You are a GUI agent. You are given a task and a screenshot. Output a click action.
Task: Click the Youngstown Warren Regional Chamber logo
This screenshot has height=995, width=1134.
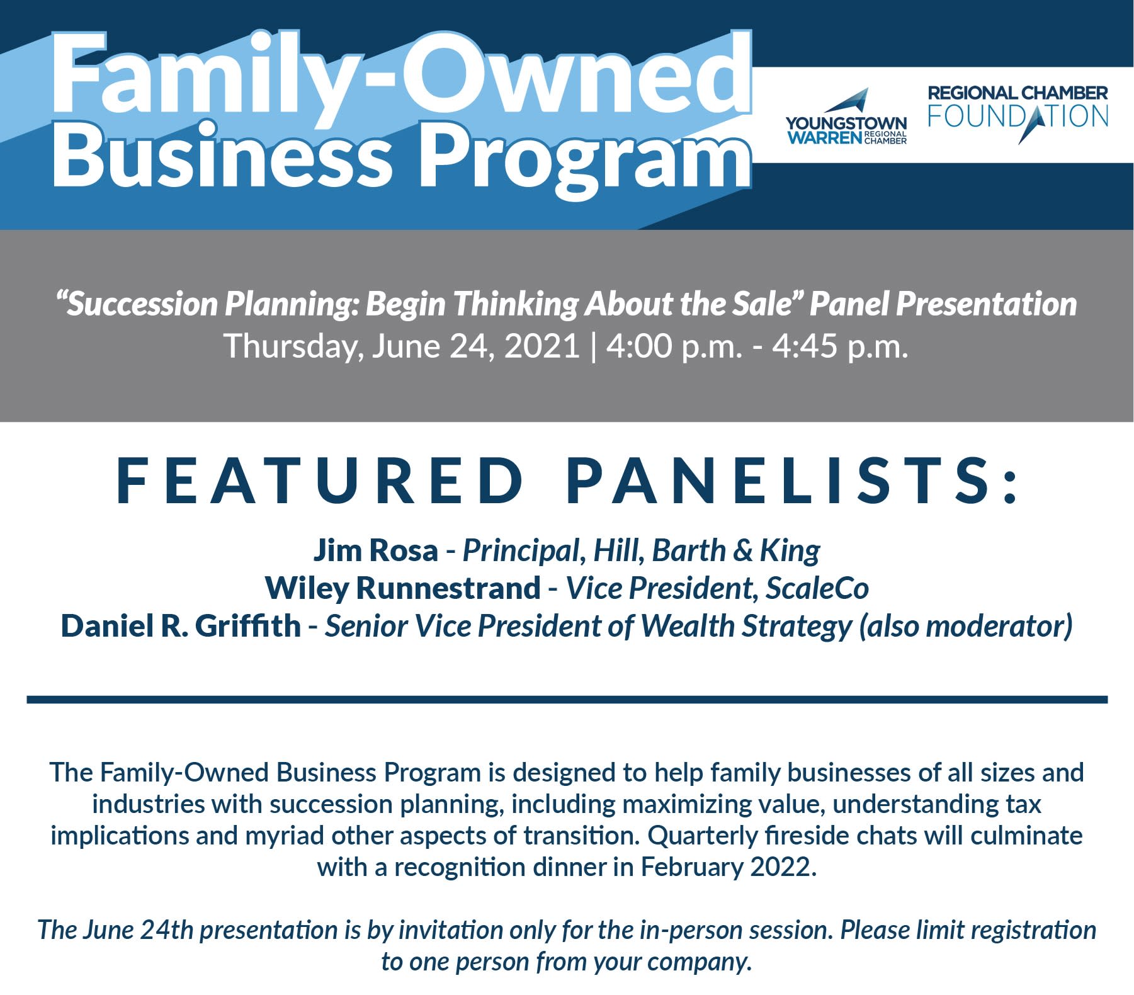[846, 117]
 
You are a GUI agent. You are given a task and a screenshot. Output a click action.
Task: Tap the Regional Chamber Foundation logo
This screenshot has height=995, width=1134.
[1018, 114]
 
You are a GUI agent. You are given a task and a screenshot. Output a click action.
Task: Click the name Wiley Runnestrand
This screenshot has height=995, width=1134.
[403, 588]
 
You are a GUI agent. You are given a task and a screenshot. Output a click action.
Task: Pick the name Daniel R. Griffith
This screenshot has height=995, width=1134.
[181, 625]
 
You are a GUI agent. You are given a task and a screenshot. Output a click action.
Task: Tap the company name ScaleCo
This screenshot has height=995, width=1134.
[817, 588]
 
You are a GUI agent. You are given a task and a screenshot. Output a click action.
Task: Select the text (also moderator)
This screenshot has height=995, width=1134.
[965, 626]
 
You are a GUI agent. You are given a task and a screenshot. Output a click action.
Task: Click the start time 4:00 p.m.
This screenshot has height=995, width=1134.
[674, 346]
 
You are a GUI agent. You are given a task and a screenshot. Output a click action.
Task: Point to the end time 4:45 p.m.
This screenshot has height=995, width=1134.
[840, 346]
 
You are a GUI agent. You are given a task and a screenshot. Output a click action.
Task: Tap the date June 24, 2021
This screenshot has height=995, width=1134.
[475, 346]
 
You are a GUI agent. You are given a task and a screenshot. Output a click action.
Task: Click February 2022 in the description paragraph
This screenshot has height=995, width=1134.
[728, 867]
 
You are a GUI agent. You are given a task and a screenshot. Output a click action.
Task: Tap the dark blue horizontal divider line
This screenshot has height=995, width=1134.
[567, 699]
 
